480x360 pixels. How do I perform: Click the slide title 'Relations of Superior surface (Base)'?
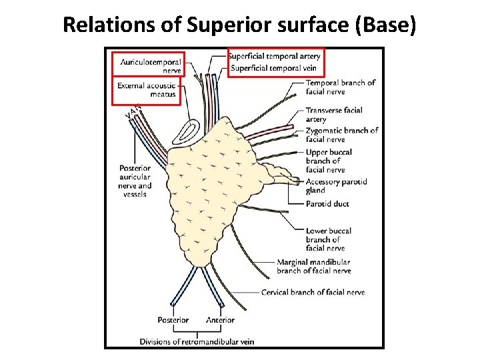(x=239, y=25)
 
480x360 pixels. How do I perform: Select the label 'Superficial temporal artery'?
(x=275, y=56)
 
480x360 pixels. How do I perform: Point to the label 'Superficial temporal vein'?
(x=275, y=68)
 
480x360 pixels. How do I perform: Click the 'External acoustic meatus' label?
(x=146, y=90)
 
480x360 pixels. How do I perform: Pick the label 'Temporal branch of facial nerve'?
(x=340, y=87)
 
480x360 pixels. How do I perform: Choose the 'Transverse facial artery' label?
(x=333, y=115)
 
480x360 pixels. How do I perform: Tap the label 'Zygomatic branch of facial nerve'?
(x=342, y=135)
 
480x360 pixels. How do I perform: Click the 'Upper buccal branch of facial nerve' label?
(x=329, y=161)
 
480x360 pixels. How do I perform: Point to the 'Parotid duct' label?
(x=327, y=204)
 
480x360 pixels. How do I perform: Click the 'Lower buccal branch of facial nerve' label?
(x=329, y=239)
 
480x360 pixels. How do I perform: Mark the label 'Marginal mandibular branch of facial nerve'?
(x=313, y=267)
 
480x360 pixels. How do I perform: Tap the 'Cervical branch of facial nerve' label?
(x=313, y=292)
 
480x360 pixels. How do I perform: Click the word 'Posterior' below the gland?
(x=173, y=320)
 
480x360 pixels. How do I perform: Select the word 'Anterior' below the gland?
(x=220, y=320)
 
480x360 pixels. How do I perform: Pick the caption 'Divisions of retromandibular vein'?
(x=197, y=342)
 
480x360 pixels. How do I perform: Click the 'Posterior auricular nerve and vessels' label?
(x=135, y=181)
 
